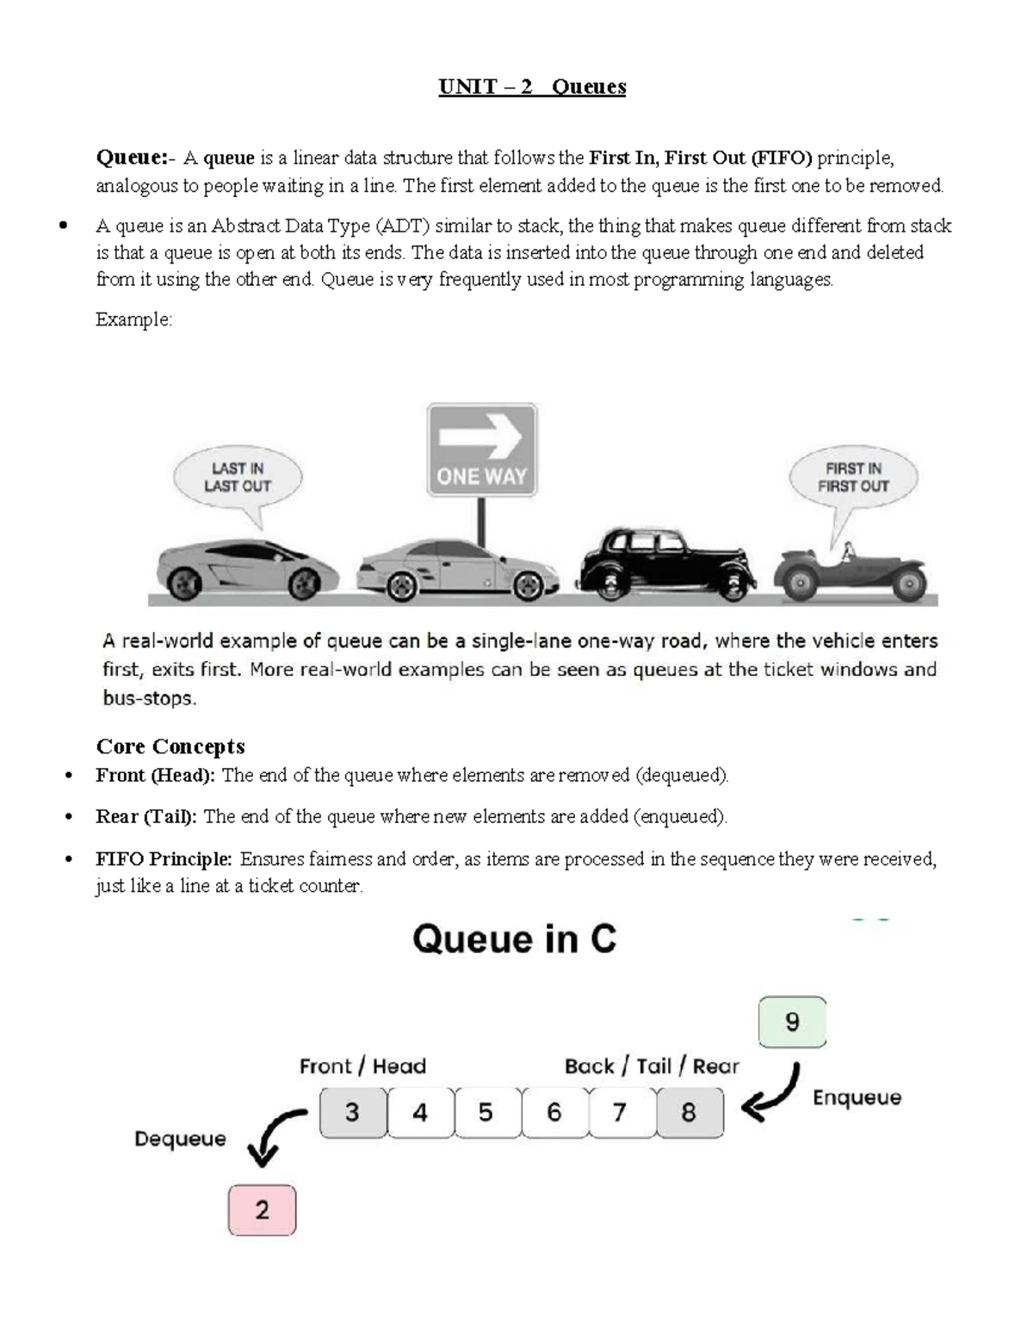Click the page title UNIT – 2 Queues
(x=532, y=87)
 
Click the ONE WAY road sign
(x=482, y=449)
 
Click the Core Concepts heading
(x=170, y=746)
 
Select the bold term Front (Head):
(x=156, y=776)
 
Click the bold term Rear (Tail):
(x=146, y=817)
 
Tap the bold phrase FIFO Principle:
(x=164, y=859)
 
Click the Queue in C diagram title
(x=515, y=939)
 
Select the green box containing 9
(x=792, y=1022)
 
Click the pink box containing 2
(x=262, y=1210)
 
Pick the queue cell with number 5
(x=486, y=1112)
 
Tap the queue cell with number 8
(x=689, y=1112)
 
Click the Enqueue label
(x=857, y=1098)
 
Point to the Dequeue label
(x=180, y=1139)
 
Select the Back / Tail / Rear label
(x=652, y=1067)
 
